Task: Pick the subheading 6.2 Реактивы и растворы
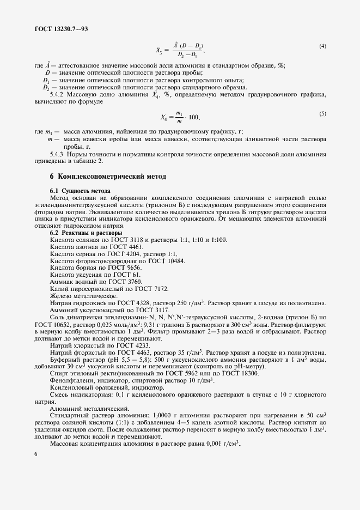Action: (x=87, y=233)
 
